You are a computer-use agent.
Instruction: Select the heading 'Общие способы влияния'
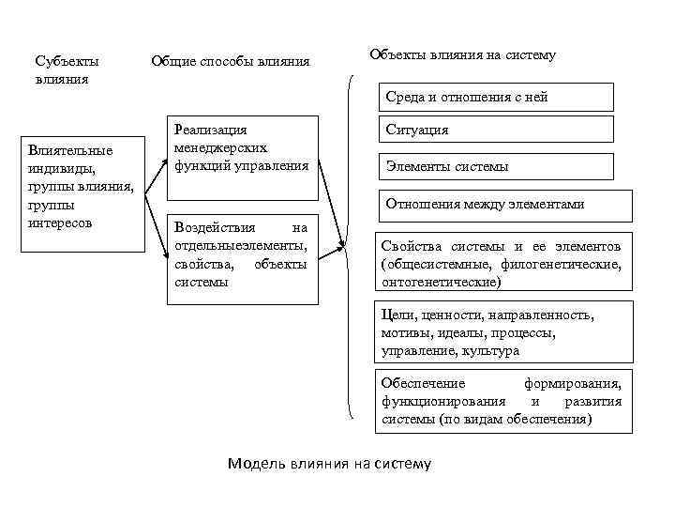click(230, 62)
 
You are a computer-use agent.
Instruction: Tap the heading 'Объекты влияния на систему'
click(462, 55)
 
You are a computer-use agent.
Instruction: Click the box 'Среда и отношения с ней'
click(496, 97)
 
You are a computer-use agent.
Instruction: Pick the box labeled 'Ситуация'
click(496, 130)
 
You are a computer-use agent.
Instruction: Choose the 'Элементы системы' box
click(496, 166)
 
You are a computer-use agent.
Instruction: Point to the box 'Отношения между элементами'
click(504, 204)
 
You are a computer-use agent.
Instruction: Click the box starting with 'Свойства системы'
click(502, 263)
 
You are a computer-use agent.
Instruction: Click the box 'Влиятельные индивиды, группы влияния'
click(83, 193)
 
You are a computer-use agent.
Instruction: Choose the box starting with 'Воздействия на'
click(242, 257)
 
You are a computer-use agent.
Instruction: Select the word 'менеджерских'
click(220, 147)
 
